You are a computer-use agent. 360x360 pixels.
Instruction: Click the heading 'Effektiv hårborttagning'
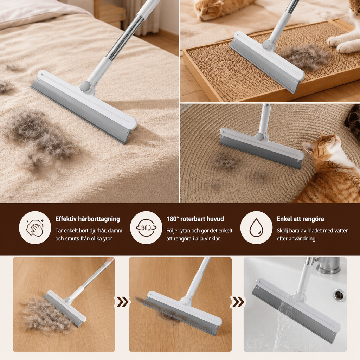88,219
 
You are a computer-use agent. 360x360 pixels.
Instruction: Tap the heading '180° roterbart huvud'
195,219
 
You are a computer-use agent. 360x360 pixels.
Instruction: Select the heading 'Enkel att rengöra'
300,219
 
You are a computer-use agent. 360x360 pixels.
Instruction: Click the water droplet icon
256,227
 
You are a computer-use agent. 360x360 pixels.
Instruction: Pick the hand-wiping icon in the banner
35,227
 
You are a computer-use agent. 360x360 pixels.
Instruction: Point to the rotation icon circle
146,227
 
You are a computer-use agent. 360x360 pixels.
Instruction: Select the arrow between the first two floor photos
122,302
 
